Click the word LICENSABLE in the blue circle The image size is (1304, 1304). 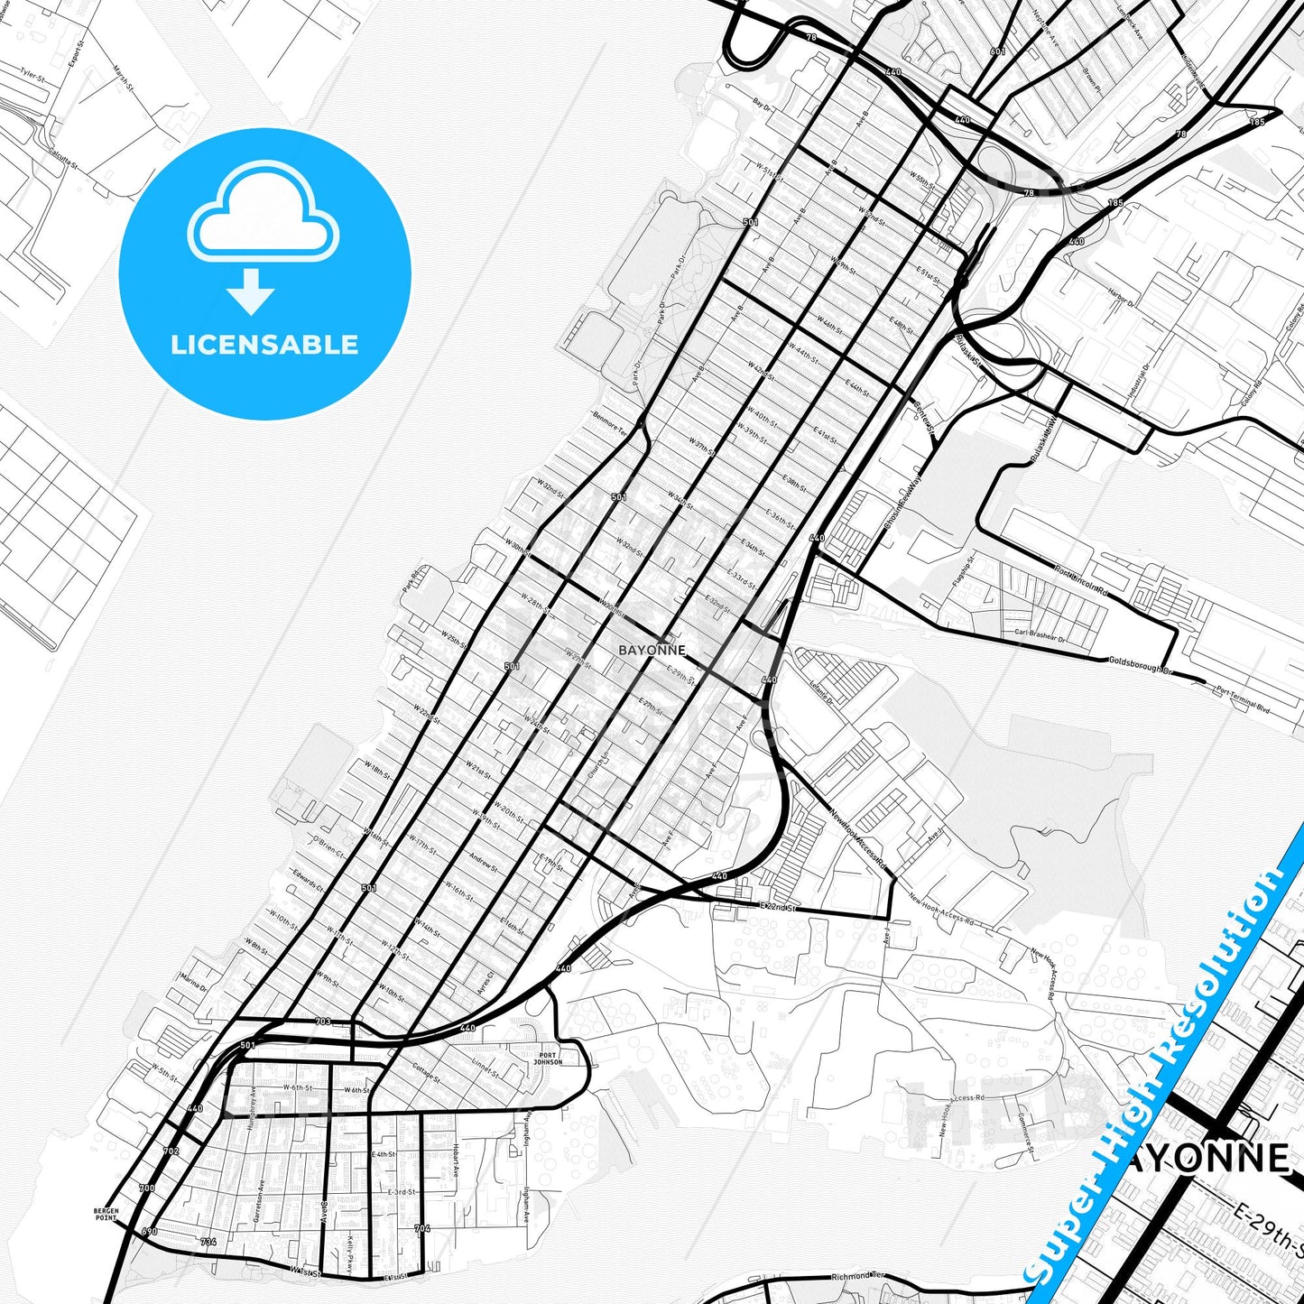(264, 345)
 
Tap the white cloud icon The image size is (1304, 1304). (263, 210)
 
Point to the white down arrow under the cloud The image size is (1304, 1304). (251, 291)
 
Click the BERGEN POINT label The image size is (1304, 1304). (106, 1215)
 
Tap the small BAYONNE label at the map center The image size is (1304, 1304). (652, 650)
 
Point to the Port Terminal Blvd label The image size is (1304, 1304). (1243, 699)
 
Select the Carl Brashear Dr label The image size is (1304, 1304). (1040, 634)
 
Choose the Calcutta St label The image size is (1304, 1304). (63, 160)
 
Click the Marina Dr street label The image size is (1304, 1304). (193, 982)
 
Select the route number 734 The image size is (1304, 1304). (208, 1243)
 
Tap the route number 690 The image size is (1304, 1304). (150, 1231)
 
